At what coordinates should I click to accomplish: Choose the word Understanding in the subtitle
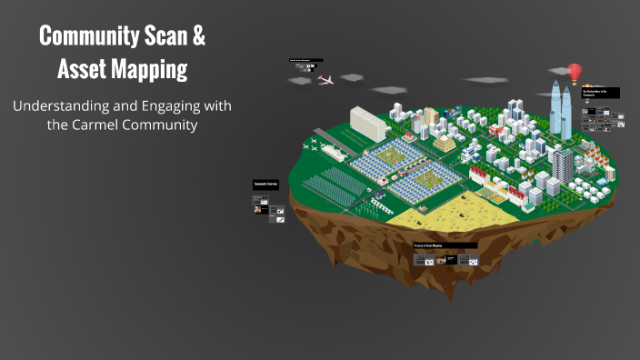click(58, 106)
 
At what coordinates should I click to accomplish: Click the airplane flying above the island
click(325, 80)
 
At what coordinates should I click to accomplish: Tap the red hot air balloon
click(575, 71)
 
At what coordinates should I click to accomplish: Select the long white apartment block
click(368, 123)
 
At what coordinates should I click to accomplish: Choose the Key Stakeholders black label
click(600, 93)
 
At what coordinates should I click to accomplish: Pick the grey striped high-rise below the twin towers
click(564, 166)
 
